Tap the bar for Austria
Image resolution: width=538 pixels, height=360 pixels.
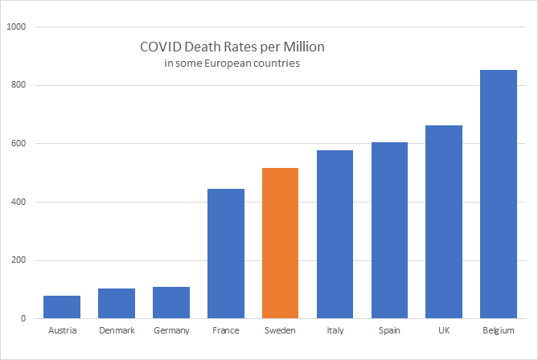pos(62,307)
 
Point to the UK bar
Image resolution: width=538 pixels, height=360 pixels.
pos(444,222)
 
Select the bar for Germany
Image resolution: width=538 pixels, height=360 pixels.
pos(171,303)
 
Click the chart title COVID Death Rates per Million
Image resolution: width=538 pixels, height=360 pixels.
pos(232,47)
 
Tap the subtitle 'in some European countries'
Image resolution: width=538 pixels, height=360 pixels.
pos(232,63)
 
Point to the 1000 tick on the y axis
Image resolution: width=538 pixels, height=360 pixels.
pos(17,27)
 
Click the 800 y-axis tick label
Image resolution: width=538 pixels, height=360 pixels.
pos(19,86)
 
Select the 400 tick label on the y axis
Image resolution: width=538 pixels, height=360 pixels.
pos(19,202)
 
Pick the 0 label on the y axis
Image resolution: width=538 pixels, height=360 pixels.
pos(24,319)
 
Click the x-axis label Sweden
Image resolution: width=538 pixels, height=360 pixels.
pos(280,330)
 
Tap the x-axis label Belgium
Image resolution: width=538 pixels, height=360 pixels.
pos(499,330)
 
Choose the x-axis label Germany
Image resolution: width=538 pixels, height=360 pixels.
pos(171,330)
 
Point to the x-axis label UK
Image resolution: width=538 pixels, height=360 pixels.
pos(444,330)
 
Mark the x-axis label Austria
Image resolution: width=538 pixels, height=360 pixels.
pos(62,330)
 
